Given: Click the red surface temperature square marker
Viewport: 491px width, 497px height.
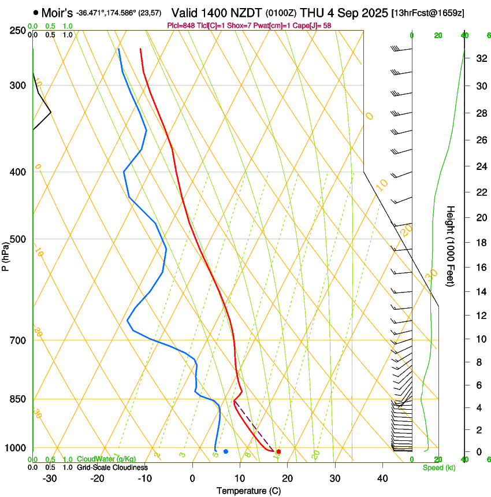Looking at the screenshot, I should tap(278, 451).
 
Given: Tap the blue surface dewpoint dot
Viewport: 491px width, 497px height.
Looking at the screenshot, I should tap(226, 451).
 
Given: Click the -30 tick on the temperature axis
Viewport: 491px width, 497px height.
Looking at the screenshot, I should tap(50, 478).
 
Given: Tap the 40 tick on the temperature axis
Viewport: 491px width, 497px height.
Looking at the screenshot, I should tap(382, 478).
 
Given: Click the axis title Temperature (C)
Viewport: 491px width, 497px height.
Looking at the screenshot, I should tap(248, 491).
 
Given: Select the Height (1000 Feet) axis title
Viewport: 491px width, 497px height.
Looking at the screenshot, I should tap(451, 246).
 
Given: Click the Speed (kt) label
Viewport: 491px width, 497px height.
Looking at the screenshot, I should tap(438, 468).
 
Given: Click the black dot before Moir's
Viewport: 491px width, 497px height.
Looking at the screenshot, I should tap(36, 12).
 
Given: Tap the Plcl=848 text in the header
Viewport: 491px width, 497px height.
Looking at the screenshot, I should tap(180, 25).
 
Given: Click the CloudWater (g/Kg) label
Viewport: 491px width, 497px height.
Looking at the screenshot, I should tap(106, 459).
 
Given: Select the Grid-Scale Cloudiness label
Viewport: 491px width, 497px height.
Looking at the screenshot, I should tap(112, 468).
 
